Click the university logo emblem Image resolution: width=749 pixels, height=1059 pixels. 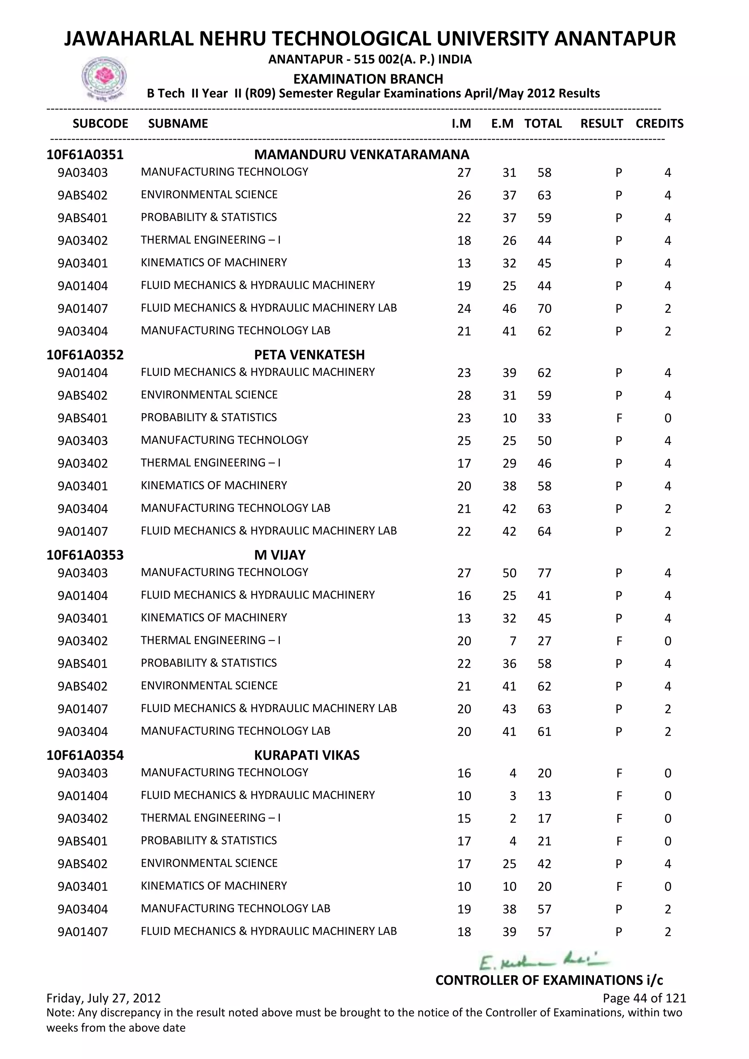tap(104, 78)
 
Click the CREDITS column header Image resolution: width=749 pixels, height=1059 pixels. tap(659, 124)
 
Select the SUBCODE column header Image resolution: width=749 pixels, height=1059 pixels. tap(101, 124)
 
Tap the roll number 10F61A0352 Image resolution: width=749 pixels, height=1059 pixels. tap(85, 355)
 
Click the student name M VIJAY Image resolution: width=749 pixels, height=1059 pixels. tap(279, 555)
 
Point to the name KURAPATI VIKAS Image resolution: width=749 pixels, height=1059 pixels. tap(307, 755)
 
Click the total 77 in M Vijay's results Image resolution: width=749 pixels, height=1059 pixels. tap(544, 573)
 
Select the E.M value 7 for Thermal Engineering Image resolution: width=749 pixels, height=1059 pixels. tap(512, 641)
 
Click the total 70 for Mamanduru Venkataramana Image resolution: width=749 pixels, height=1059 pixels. tap(544, 309)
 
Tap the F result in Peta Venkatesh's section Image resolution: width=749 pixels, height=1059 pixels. tap(618, 418)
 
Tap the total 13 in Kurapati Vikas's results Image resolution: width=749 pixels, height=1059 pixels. tap(544, 796)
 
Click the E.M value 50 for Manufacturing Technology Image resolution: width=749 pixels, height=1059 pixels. tap(509, 573)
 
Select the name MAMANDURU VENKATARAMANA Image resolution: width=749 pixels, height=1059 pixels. tap(362, 155)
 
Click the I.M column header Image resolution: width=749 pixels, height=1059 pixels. tap(461, 124)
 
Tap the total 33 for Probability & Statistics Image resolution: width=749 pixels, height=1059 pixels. tap(544, 418)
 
